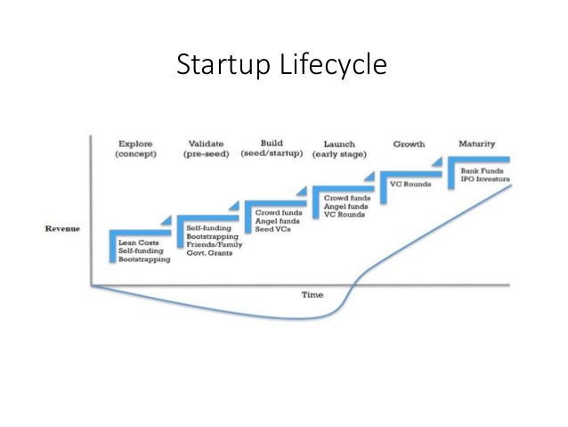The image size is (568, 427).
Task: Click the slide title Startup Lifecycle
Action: tap(282, 66)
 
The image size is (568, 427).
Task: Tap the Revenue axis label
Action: tap(62, 229)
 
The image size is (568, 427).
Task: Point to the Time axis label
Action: tap(311, 294)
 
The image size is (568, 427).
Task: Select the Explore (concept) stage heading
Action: tap(134, 149)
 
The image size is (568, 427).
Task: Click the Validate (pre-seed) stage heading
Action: tap(207, 149)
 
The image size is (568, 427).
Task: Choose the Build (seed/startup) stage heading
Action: tap(272, 148)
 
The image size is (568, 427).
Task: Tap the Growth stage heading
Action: tap(409, 144)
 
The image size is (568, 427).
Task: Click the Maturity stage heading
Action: tap(476, 144)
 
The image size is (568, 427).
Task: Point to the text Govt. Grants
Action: tap(209, 252)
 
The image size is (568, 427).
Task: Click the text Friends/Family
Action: tap(215, 244)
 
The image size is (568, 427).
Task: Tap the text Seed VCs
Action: tap(272, 230)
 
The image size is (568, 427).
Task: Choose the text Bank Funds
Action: tap(481, 170)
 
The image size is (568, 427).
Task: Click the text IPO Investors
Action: tap(485, 179)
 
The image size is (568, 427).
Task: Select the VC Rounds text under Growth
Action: tap(410, 185)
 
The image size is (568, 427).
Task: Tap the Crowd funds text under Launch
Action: tap(346, 197)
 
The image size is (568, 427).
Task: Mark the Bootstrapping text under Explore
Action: tap(141, 259)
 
